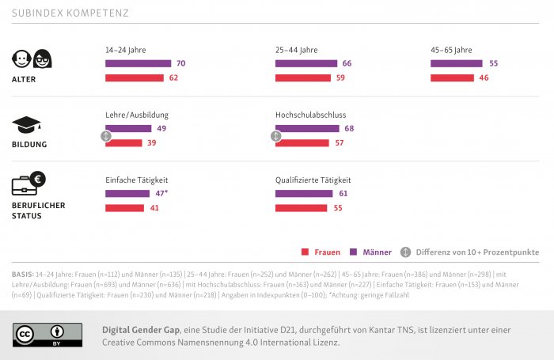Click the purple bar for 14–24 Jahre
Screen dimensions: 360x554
tap(138, 63)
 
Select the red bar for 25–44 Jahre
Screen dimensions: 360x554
tap(302, 78)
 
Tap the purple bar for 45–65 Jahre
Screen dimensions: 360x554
tap(456, 63)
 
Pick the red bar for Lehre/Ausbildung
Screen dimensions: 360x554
tap(123, 142)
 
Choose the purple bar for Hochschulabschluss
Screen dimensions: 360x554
tap(306, 128)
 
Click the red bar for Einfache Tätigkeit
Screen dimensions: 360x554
tap(124, 207)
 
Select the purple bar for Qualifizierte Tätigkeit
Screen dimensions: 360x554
tap(304, 193)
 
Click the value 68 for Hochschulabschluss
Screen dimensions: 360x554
tap(349, 128)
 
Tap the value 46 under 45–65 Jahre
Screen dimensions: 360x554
tap(484, 78)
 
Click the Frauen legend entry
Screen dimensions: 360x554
tap(321, 252)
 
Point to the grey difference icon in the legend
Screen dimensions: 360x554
tap(405, 252)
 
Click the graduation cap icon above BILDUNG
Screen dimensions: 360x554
tap(26, 124)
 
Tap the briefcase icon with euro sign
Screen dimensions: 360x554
tap(28, 184)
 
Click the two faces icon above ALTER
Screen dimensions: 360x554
tap(32, 59)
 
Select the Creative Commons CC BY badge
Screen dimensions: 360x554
tap(47, 334)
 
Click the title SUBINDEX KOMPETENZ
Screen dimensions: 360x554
tap(70, 13)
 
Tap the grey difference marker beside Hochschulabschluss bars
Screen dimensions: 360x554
tap(275, 136)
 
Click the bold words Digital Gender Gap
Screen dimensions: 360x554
tap(137, 329)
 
